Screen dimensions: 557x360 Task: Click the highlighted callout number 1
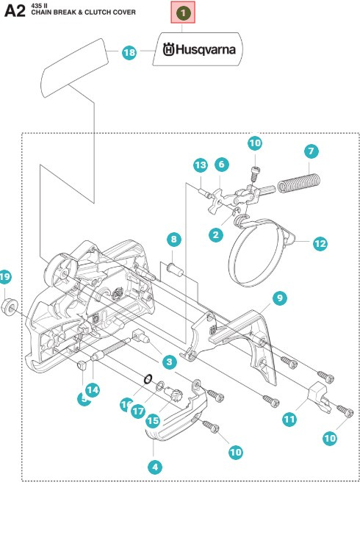(x=183, y=12)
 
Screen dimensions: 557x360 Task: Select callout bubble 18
(x=129, y=52)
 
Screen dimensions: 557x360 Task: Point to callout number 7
(x=311, y=151)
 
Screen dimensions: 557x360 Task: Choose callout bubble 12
(x=320, y=243)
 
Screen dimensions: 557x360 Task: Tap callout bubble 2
(x=216, y=234)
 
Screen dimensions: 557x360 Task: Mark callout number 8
(x=173, y=239)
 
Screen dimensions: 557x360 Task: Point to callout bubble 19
(x=6, y=276)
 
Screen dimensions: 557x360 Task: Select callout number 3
(x=168, y=362)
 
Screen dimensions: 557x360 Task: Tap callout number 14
(x=93, y=389)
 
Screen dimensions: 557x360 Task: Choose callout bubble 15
(x=153, y=420)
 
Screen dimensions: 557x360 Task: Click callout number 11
(x=289, y=419)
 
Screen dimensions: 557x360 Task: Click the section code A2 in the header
(x=15, y=12)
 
